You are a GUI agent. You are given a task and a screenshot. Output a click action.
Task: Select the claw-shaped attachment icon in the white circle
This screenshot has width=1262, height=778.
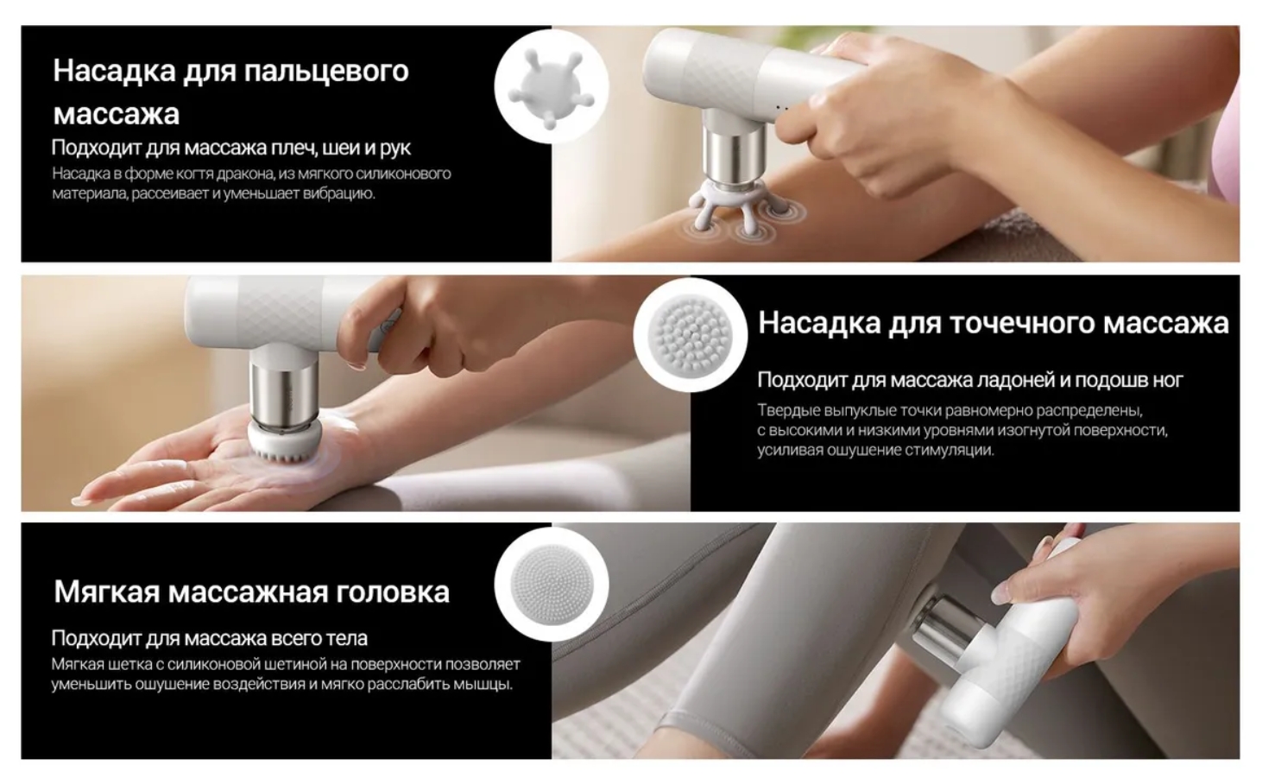(551, 86)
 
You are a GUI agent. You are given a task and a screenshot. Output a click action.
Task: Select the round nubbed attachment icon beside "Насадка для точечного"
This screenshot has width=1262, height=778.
(691, 335)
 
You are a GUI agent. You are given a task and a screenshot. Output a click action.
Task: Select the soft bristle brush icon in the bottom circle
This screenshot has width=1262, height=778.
(552, 584)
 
